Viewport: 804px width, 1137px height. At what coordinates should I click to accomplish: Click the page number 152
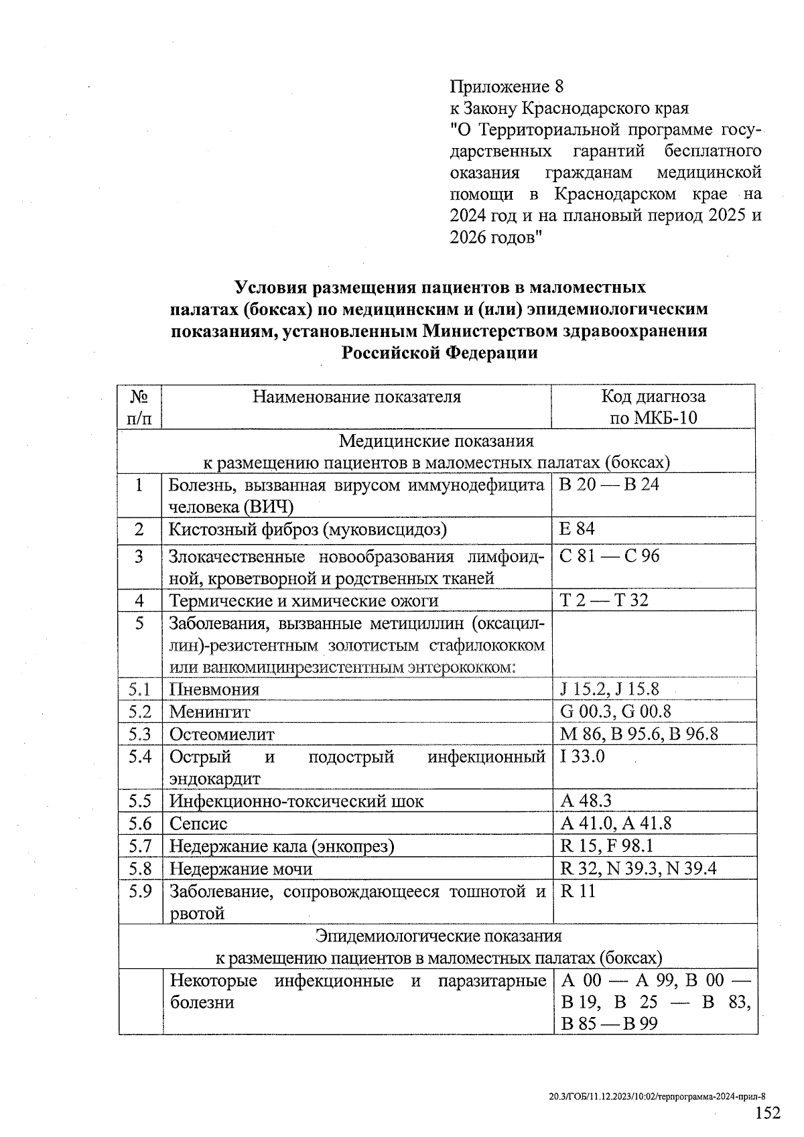[768, 1114]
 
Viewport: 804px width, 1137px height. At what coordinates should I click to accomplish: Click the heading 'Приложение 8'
[507, 87]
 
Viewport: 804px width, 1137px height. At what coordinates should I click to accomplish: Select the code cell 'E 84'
[577, 529]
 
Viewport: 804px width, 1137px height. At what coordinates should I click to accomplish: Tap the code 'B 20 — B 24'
[609, 484]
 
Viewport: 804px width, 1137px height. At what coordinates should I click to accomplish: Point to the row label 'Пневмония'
[214, 689]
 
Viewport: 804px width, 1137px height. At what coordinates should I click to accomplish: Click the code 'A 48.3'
[586, 801]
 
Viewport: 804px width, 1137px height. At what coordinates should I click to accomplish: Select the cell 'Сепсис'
[198, 823]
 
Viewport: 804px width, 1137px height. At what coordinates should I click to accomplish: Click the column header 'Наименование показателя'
[356, 397]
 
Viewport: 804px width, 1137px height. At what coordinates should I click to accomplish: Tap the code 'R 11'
[578, 891]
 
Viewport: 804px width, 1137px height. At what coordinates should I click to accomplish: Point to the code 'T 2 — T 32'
[604, 600]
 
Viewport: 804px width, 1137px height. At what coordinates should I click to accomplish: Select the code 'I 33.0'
[582, 756]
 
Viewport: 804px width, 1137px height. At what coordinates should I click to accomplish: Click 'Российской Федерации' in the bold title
[440, 352]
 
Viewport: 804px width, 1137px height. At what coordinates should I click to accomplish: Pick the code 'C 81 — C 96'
[609, 556]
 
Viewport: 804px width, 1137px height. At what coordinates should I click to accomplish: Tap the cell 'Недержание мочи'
[241, 869]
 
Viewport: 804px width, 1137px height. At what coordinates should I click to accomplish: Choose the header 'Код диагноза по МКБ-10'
[653, 407]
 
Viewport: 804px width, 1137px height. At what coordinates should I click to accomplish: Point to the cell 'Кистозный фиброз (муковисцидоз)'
[308, 529]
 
